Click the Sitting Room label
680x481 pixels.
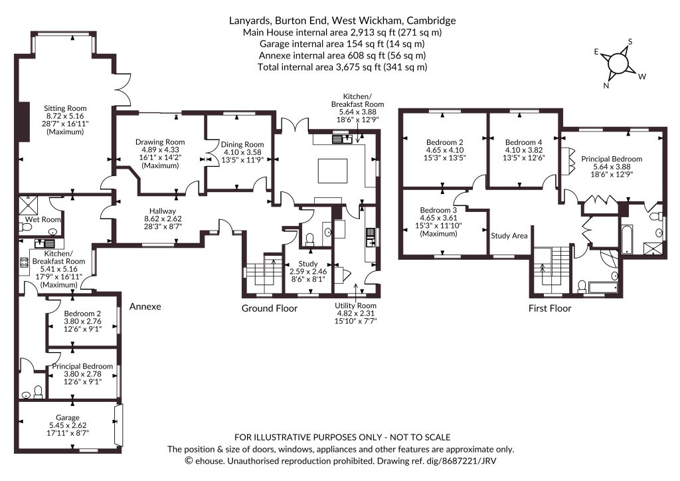(65, 108)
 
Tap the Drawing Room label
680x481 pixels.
(160, 142)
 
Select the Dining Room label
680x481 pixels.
(242, 144)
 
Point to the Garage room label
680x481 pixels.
(67, 418)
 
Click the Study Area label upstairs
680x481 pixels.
(509, 236)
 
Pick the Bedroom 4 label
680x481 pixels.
(523, 142)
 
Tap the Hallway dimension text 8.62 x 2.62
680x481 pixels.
(163, 219)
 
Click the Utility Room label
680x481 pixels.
(356, 306)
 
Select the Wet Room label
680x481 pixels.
(42, 219)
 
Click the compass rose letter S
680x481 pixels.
(630, 42)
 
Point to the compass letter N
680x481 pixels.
(606, 86)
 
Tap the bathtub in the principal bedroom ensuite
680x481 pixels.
(627, 239)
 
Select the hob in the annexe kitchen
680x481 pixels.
(24, 262)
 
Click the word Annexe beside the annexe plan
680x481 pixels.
(145, 307)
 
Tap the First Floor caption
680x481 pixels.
(550, 308)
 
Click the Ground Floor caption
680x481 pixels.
(270, 308)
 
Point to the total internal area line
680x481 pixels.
(342, 67)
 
